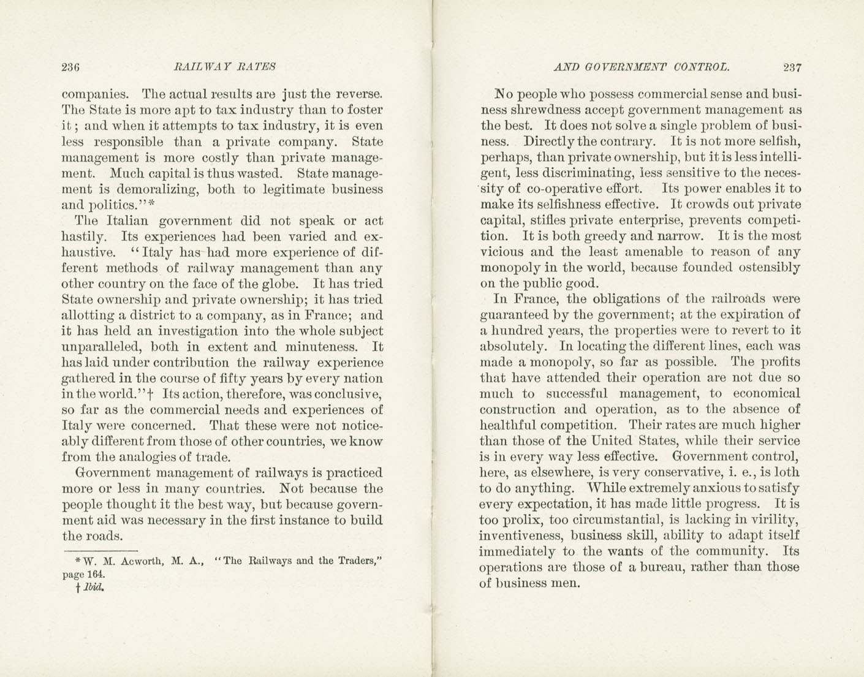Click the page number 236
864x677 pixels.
coord(71,67)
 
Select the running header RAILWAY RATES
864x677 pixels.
coord(225,67)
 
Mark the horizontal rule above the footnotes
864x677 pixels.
coord(101,550)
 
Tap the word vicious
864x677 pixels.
coord(500,252)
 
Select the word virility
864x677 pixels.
coord(772,520)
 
